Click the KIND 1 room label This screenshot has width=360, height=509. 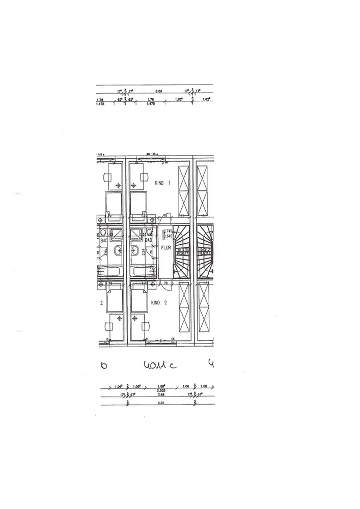coord(161,183)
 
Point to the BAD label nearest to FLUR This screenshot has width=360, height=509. coord(150,240)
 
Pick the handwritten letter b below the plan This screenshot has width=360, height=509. coord(104,365)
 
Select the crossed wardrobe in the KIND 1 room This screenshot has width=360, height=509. coord(183,191)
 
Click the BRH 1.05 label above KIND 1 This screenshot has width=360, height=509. coord(151,153)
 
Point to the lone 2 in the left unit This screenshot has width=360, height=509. coord(102,302)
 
